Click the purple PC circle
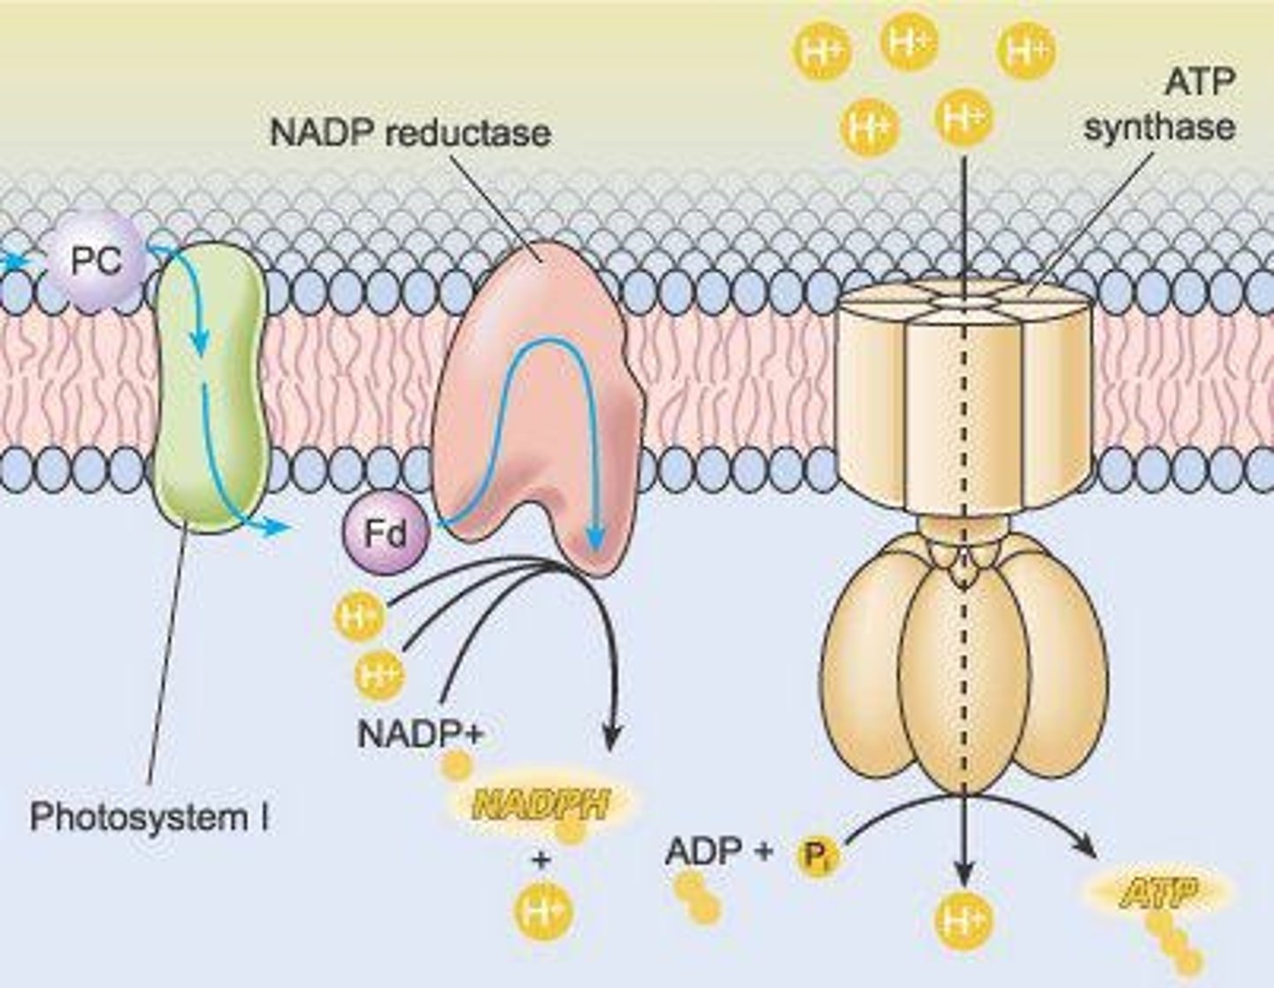coord(97,262)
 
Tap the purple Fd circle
coord(387,533)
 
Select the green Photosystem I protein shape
coord(210,389)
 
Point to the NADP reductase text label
coord(410,133)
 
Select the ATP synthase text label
coord(1160,106)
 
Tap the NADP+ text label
coord(420,733)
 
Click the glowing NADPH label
coord(541,804)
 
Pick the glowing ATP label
coord(1158,894)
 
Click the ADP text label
coord(703,851)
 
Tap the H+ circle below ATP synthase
coord(963,922)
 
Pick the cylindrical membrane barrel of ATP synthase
coord(963,398)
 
